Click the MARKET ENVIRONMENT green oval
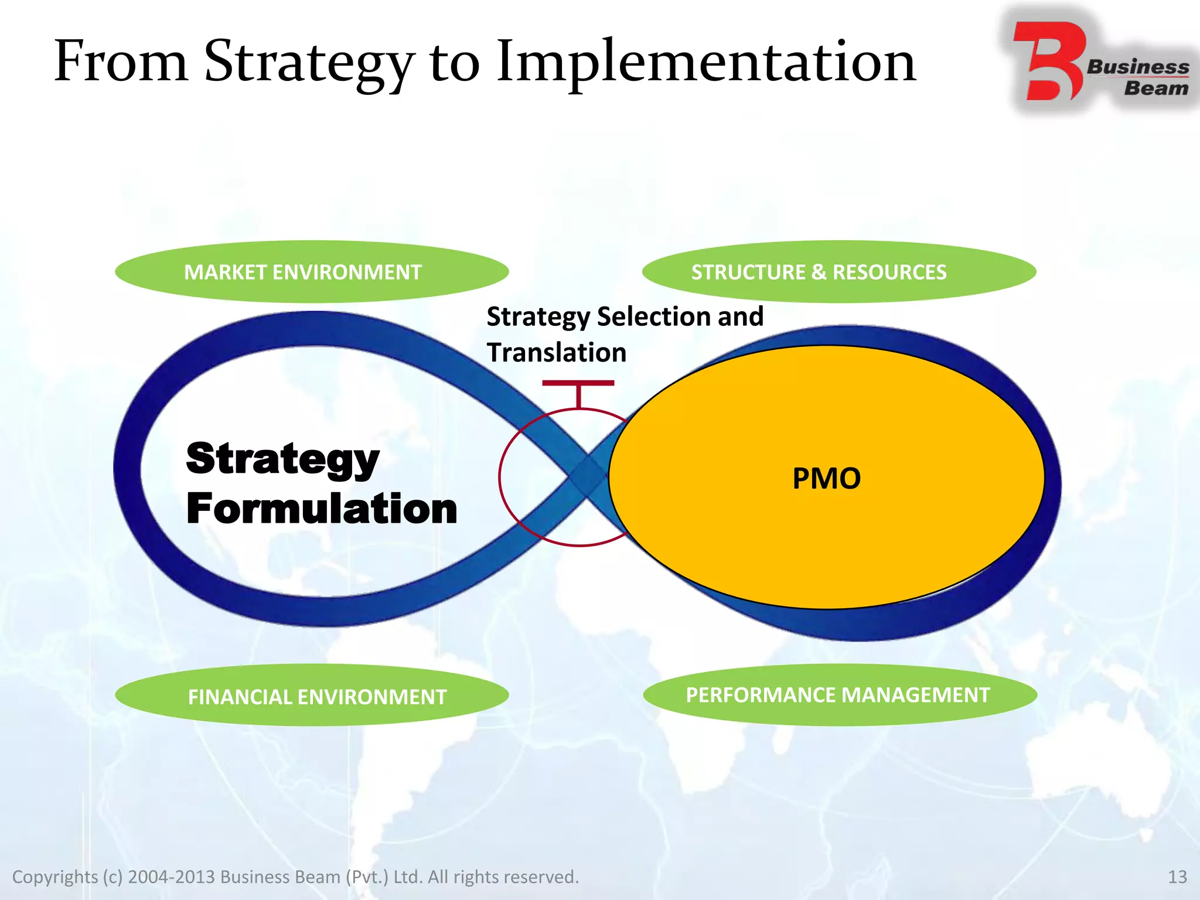(x=312, y=272)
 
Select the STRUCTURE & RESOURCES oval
(x=839, y=272)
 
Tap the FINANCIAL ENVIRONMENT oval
(x=312, y=696)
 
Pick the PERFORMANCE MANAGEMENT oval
(x=839, y=695)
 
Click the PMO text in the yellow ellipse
(x=826, y=478)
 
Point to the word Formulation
(x=321, y=509)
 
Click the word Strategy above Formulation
(x=282, y=459)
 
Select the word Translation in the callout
(x=557, y=353)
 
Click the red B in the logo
(x=1049, y=62)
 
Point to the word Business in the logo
(x=1137, y=67)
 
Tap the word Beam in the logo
(x=1155, y=89)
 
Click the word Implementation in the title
(x=705, y=62)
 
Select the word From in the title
(x=120, y=62)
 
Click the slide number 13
(x=1177, y=877)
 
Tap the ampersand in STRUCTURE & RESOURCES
(x=819, y=272)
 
